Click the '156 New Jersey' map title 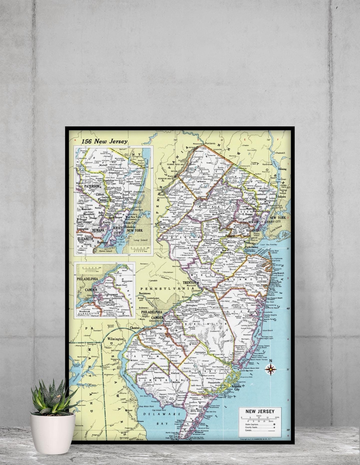104,141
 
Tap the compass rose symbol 271,369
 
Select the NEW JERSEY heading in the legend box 260,411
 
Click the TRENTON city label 189,283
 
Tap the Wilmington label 115,339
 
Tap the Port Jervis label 210,144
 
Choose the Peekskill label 280,153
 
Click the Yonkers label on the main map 281,197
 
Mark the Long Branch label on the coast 278,274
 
